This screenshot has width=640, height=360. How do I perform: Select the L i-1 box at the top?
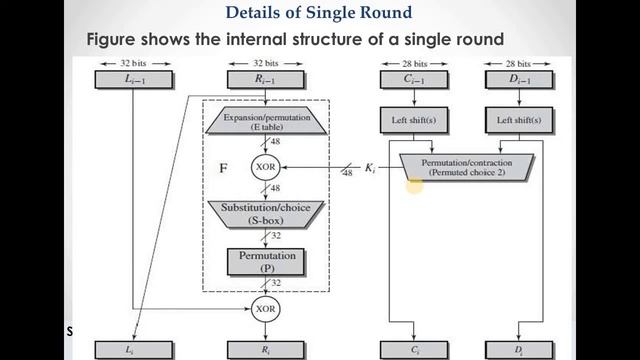click(x=133, y=80)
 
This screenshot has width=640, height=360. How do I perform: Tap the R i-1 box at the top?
click(x=263, y=80)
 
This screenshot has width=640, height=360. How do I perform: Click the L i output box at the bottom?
click(x=133, y=351)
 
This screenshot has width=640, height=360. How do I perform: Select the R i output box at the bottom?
click(x=263, y=351)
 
